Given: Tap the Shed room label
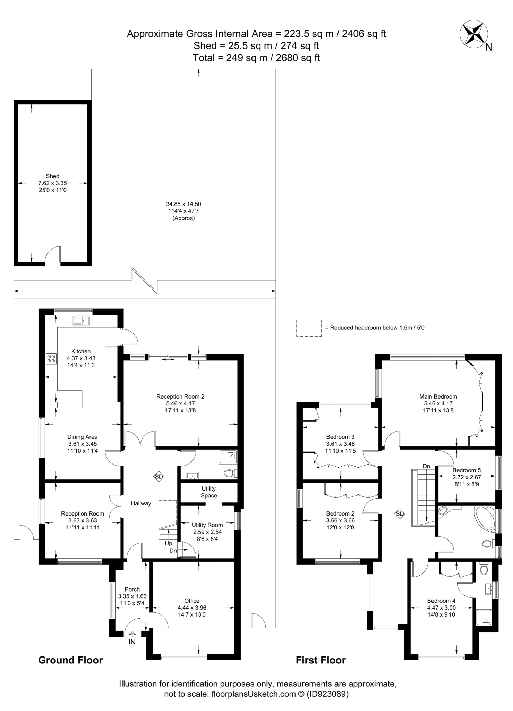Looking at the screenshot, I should point(52,176).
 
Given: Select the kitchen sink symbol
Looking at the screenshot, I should point(81,321).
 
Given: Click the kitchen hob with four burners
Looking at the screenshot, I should point(51,359).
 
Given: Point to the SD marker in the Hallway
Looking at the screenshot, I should point(159,477).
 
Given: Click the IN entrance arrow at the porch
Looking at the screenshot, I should point(132,634).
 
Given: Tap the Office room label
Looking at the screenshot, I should point(192,601).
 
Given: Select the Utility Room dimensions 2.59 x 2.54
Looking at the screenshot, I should point(207,532).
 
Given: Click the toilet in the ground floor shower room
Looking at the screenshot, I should point(230,473).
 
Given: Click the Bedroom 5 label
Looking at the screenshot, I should point(467,470).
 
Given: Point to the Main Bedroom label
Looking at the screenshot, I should point(438,396).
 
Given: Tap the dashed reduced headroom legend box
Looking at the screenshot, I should point(308,328).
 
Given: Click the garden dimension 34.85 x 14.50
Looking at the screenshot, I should point(183,204).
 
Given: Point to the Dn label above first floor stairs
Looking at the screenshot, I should point(426,466).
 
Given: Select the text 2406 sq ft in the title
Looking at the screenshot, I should point(364,34).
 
